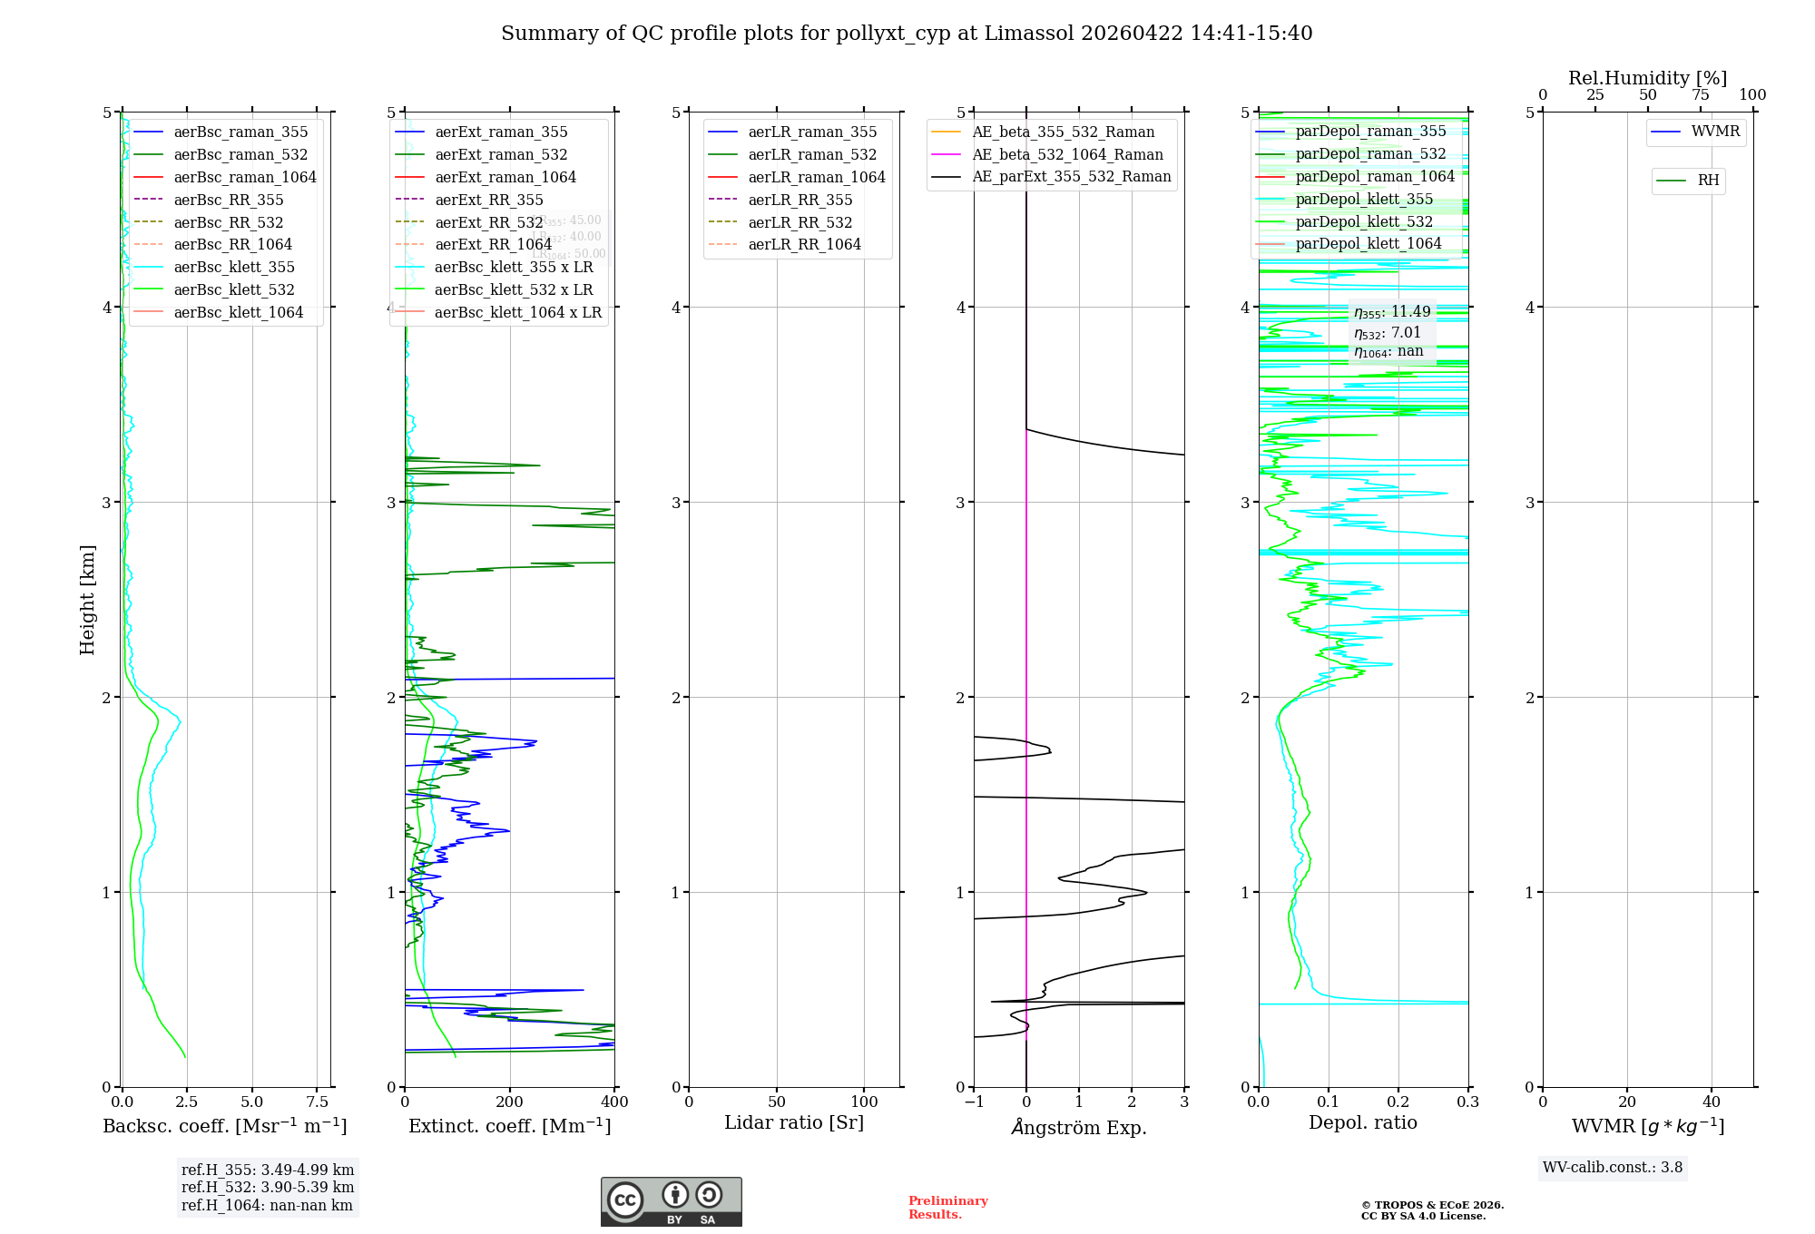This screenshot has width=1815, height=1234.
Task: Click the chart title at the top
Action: [907, 34]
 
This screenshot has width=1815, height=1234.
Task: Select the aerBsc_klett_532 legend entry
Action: [234, 290]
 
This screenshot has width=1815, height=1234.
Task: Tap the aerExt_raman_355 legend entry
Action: [501, 132]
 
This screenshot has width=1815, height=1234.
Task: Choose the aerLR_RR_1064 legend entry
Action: [804, 245]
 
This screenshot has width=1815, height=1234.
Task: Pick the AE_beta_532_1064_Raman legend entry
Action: [1067, 155]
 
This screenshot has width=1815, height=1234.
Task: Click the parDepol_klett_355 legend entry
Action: [1364, 200]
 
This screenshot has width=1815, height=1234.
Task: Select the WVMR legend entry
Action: [1715, 132]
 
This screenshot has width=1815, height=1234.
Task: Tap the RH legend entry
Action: [1708, 181]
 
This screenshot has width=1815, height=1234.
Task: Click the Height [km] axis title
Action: [87, 600]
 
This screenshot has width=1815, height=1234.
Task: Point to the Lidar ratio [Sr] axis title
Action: [794, 1123]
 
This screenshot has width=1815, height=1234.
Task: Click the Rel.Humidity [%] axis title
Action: [1647, 78]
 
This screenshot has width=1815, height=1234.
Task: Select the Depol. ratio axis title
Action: [1362, 1123]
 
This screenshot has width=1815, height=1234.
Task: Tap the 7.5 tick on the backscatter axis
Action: [317, 1102]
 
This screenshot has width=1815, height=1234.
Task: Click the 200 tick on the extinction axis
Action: [510, 1102]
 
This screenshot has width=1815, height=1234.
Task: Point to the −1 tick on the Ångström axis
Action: [974, 1102]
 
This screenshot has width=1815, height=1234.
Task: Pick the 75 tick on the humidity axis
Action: [1700, 95]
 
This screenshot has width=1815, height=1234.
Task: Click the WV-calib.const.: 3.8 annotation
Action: [1613, 1168]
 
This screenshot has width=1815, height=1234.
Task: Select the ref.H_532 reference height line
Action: [268, 1188]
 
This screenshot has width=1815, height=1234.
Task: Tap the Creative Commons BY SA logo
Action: [671, 1202]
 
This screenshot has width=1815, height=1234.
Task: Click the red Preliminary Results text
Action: [947, 1208]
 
